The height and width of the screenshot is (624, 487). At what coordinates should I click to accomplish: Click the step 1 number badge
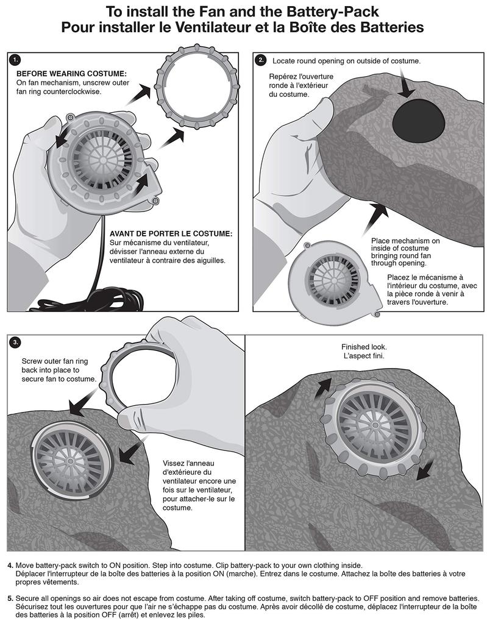pos(15,60)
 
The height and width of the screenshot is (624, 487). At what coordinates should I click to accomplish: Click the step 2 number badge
pos(261,60)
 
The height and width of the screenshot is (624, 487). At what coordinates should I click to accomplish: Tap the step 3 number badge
pos(15,342)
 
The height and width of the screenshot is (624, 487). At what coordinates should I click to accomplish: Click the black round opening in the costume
pos(419,119)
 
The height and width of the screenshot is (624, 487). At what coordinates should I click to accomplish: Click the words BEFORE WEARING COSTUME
pos(71,74)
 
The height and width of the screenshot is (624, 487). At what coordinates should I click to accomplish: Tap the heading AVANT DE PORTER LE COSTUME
pos(171,233)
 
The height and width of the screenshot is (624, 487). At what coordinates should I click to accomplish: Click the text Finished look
pos(364,347)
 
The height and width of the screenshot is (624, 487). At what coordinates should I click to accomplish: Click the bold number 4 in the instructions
pos(10,565)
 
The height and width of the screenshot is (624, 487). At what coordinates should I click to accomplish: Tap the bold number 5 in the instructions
pos(10,598)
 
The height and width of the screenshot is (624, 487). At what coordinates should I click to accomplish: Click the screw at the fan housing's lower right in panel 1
pos(155,202)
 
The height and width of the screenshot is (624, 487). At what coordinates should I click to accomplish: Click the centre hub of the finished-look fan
pos(374,425)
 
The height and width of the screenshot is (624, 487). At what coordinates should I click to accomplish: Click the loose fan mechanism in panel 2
pos(335,278)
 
